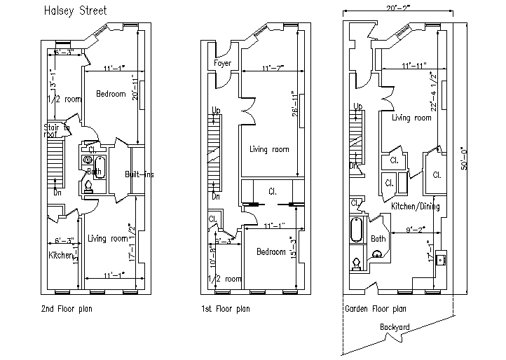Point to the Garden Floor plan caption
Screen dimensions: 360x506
tap(376, 308)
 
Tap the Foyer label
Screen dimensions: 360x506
tap(223, 63)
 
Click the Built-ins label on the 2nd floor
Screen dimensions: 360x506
tap(139, 174)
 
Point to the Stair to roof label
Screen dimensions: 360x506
tap(57, 130)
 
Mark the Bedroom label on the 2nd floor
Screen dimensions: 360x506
tap(111, 94)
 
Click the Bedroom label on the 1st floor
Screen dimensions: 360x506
tap(271, 252)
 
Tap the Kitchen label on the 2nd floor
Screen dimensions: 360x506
tap(60, 256)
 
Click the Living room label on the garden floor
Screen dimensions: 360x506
tap(412, 118)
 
